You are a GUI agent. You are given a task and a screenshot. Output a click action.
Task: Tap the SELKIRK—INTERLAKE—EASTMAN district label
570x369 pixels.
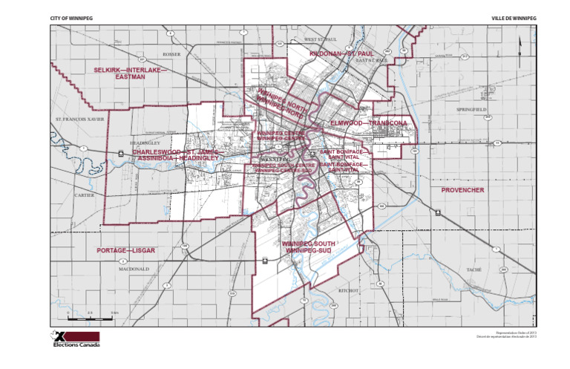coord(128,73)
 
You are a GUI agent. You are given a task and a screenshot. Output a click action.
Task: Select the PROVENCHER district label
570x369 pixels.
coord(462,190)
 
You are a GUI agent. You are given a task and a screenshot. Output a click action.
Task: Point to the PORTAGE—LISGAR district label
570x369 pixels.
coord(126,251)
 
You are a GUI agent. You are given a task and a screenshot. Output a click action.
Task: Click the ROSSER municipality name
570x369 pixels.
coord(171,54)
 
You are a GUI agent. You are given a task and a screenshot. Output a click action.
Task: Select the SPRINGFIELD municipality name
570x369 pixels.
coord(472,109)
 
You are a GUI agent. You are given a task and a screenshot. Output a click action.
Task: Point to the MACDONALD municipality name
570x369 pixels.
coord(134,270)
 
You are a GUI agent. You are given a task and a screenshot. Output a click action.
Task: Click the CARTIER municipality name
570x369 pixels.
coord(84,195)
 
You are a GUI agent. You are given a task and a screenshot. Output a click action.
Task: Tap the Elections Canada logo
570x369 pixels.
coord(74,339)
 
